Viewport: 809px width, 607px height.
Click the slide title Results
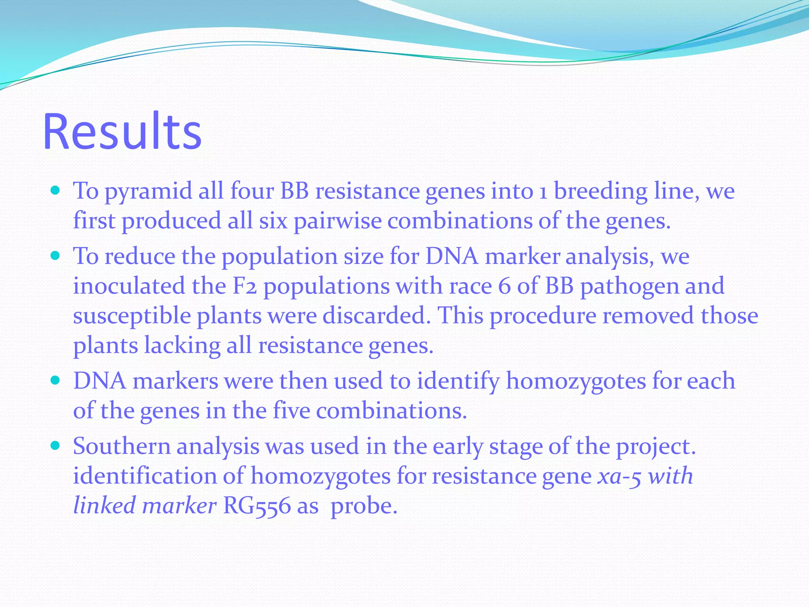[122, 131]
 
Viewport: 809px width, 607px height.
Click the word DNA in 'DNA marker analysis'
[452, 256]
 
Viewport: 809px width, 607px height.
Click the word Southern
[121, 447]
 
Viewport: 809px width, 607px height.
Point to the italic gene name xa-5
[619, 476]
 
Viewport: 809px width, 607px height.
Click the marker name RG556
[257, 506]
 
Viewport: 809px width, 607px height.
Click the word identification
[145, 476]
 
